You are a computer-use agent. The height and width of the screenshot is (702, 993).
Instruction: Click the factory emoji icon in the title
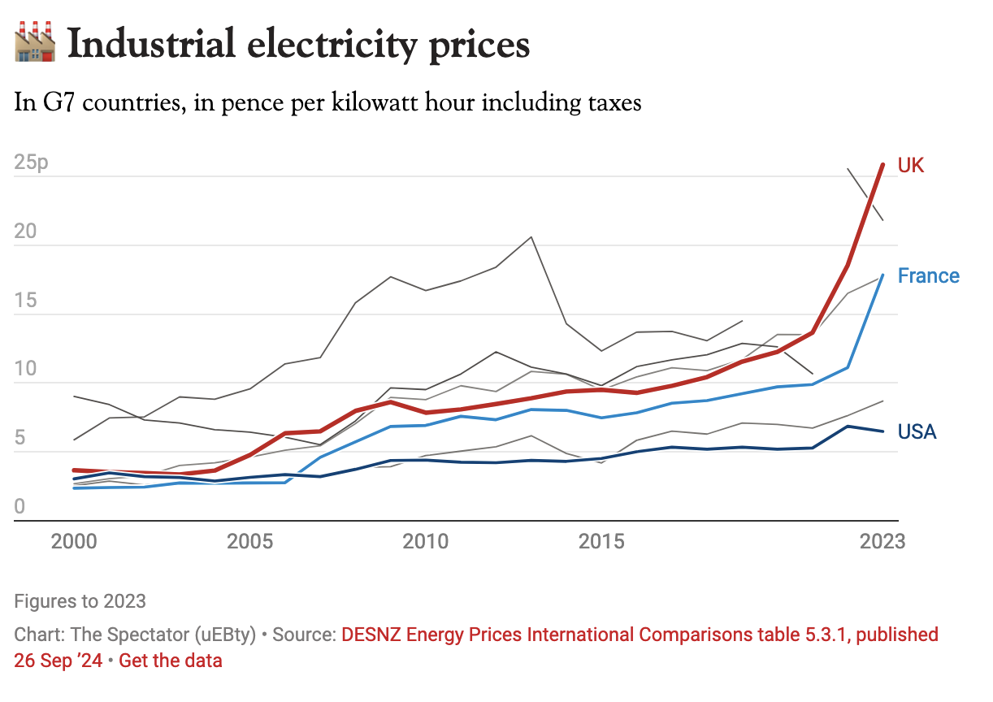click(x=35, y=43)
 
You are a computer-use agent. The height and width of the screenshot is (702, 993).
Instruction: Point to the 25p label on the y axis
click(x=32, y=162)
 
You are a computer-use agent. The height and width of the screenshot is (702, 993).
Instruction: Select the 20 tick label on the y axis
click(x=27, y=232)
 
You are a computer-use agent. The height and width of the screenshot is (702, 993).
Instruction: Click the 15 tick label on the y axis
click(x=26, y=301)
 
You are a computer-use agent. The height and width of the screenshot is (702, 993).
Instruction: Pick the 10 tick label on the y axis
click(x=26, y=370)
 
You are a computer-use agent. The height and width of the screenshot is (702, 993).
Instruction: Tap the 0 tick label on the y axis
click(x=20, y=507)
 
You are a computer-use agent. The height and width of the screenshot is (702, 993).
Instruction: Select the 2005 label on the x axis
click(x=249, y=542)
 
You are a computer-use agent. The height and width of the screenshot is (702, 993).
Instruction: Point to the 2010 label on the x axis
click(x=426, y=542)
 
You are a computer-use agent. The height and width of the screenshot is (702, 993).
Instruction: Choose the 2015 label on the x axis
click(x=602, y=542)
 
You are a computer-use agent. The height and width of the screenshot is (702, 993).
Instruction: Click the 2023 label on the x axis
click(x=882, y=542)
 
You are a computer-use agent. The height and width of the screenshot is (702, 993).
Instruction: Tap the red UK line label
click(x=911, y=166)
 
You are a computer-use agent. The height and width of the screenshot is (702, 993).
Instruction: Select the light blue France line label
click(x=928, y=276)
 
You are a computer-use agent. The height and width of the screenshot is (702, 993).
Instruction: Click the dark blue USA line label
click(x=917, y=432)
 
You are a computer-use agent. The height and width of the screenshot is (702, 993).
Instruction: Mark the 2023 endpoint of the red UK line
click(x=883, y=165)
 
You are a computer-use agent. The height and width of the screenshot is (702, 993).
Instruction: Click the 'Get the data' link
click(x=171, y=661)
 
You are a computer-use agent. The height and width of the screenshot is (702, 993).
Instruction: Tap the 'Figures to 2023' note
click(x=80, y=601)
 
